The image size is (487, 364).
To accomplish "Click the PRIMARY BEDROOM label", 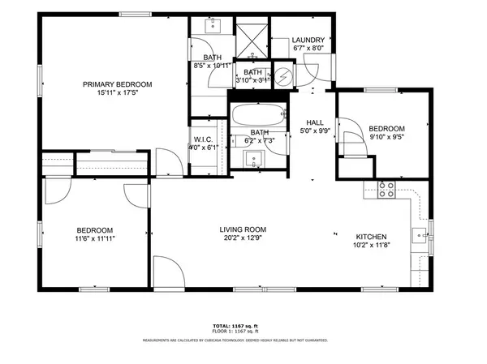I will (x=117, y=84).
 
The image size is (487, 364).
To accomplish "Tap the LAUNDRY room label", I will (x=308, y=40).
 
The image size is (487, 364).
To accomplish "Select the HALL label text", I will (x=315, y=122).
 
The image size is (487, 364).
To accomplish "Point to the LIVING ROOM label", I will (x=243, y=229).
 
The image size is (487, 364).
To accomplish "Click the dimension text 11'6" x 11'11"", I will (x=95, y=239).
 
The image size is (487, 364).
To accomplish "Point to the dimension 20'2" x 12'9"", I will (x=243, y=239).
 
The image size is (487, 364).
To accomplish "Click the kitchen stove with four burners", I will (x=386, y=190).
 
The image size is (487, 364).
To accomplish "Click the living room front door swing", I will (x=166, y=274).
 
